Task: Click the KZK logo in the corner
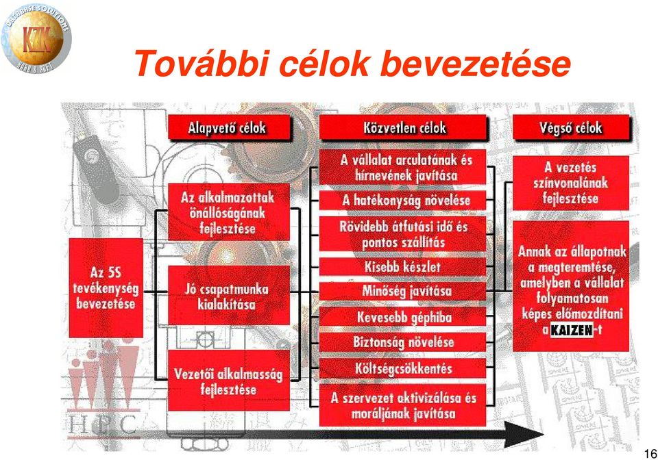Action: (x=36, y=38)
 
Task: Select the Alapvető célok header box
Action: (x=229, y=127)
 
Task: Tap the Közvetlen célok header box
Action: (x=403, y=127)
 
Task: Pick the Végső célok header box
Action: (x=571, y=127)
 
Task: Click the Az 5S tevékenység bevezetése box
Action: (x=106, y=287)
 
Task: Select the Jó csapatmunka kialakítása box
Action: (x=229, y=295)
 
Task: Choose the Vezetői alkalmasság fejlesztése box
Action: (x=229, y=381)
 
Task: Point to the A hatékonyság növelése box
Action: (x=403, y=201)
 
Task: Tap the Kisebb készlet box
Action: (x=403, y=266)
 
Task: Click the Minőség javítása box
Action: (x=403, y=291)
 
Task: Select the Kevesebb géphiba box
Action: (x=403, y=317)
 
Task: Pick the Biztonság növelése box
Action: (x=403, y=342)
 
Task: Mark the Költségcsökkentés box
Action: (x=403, y=368)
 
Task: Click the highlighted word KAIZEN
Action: (x=571, y=330)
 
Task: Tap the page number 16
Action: (x=650, y=453)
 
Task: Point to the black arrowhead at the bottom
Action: (x=523, y=435)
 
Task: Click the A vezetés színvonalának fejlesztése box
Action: (x=571, y=183)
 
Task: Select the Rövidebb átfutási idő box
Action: (x=403, y=234)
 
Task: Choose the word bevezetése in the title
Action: (x=477, y=64)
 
